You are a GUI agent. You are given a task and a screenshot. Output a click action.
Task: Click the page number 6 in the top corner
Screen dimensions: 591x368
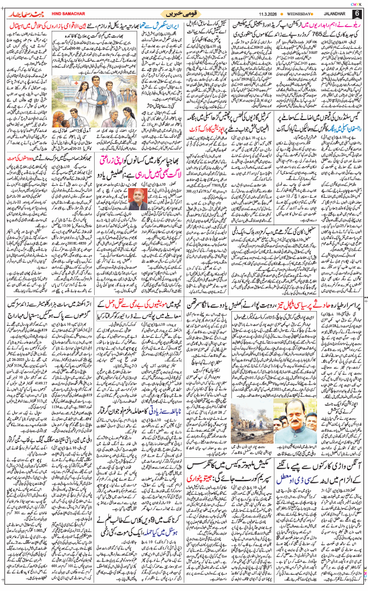coord(357,12)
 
